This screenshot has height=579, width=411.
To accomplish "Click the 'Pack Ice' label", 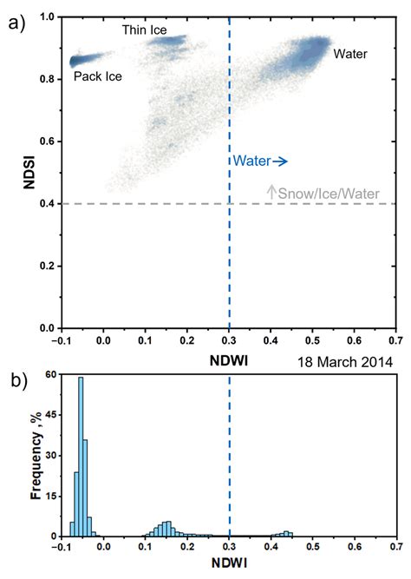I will tap(97, 76).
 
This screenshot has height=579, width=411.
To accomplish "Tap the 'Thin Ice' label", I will tap(145, 30).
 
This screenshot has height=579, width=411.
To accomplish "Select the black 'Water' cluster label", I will tap(350, 54).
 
